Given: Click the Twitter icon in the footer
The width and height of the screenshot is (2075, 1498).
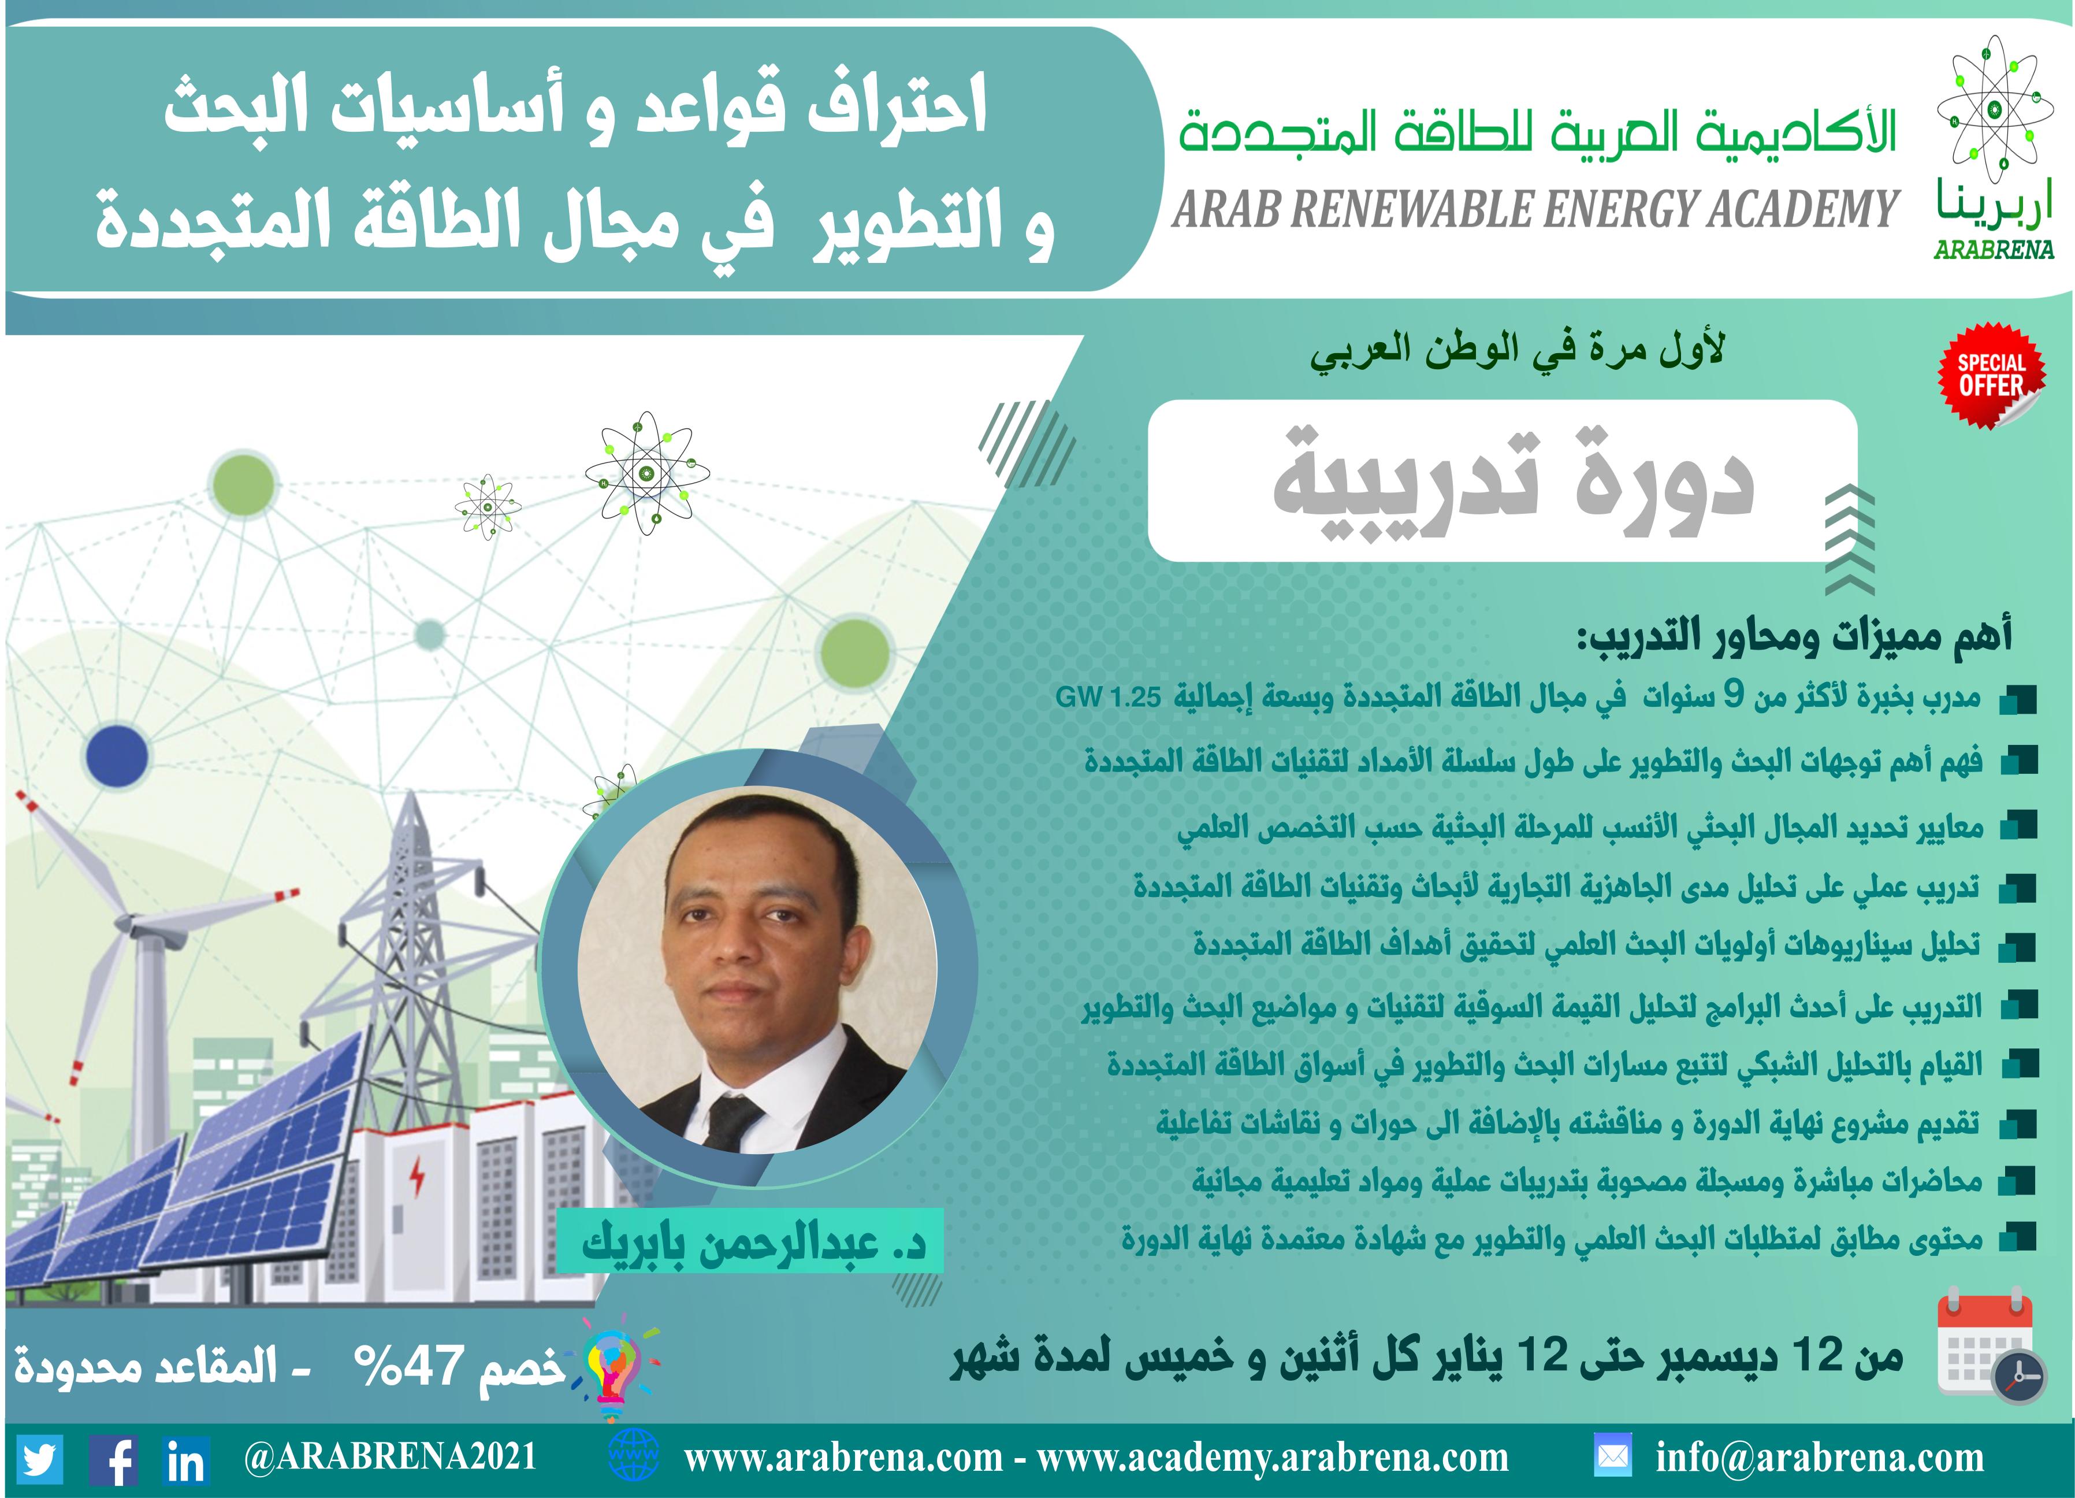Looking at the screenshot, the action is pos(39,1459).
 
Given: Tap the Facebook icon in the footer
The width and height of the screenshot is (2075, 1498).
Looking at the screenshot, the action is pos(113,1459).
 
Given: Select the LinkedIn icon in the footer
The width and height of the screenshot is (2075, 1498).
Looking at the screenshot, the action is pos(186,1459).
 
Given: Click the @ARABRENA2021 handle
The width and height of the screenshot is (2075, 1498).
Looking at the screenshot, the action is pos(390,1457).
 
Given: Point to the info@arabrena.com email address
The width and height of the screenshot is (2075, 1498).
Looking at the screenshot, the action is pos(1820,1458).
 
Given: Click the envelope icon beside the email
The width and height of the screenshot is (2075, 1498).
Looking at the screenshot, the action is pos(1612,1457).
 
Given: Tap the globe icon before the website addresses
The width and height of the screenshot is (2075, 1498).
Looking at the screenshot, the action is pos(633,1457).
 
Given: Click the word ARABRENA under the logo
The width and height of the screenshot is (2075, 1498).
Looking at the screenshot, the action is pos(1995,249).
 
